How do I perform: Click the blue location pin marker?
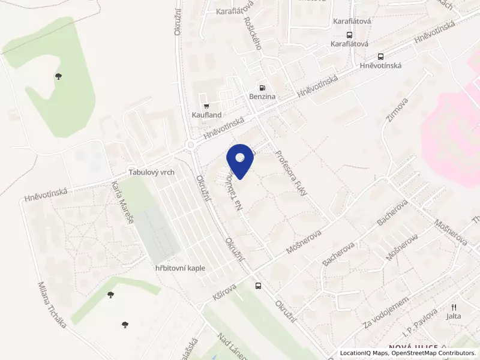[240, 160]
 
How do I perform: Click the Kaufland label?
[207, 115]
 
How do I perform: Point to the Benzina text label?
[262, 97]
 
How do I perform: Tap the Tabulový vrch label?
[151, 172]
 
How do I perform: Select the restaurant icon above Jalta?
[454, 307]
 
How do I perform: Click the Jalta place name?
[454, 316]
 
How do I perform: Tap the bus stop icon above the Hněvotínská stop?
[380, 57]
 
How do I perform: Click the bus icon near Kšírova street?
[259, 286]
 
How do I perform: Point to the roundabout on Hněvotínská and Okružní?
[191, 145]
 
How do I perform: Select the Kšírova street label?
[225, 292]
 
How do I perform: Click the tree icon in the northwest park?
[58, 76]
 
